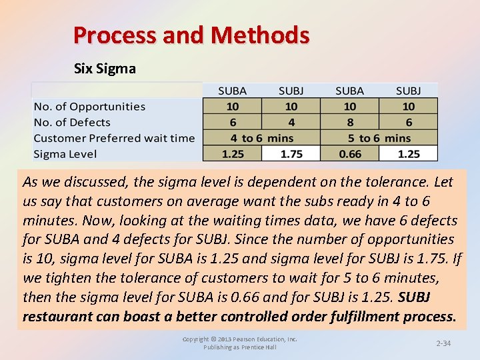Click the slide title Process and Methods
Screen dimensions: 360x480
[191, 35]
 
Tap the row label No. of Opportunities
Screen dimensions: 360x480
[89, 106]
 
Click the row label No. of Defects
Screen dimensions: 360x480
[72, 122]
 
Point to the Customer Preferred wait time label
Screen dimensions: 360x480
[114, 138]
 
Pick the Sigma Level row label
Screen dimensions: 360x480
[65, 154]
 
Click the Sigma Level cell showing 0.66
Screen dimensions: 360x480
[349, 154]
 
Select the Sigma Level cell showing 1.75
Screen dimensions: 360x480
[291, 154]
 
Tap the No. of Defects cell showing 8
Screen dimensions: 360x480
[349, 122]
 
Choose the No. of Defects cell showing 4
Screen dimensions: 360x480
[291, 122]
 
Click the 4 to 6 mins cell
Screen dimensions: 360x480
[261, 138]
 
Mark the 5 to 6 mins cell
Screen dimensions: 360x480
[379, 138]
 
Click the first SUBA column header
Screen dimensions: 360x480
[232, 90]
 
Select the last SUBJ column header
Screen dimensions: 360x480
[408, 90]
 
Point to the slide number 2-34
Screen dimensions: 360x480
[443, 343]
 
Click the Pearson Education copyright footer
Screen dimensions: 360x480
[240, 343]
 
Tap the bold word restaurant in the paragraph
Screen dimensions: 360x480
[57, 316]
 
